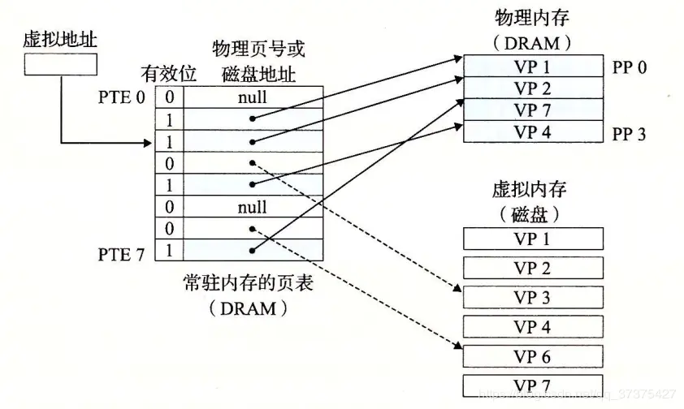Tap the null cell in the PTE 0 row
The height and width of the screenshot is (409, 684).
[253, 97]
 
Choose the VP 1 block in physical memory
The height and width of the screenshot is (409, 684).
[532, 67]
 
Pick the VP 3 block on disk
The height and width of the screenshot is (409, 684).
[532, 297]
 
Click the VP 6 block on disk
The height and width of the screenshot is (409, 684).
[532, 356]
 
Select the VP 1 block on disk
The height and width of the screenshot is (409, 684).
[532, 239]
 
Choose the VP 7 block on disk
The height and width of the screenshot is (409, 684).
[532, 385]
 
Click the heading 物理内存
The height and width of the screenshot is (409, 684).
[532, 16]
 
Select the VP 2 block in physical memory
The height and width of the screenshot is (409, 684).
[532, 88]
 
